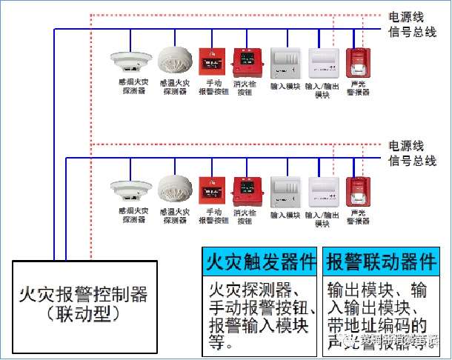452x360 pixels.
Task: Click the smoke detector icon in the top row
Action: tap(130, 60)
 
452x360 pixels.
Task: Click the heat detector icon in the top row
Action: tap(176, 61)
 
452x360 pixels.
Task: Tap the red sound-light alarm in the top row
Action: tap(359, 61)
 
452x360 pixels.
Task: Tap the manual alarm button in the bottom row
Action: tap(211, 190)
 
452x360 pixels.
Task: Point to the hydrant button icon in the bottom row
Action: tap(245, 190)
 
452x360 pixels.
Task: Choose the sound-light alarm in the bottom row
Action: tap(359, 190)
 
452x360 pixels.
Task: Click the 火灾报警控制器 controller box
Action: tap(83, 304)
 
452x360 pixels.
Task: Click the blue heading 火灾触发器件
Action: tap(261, 261)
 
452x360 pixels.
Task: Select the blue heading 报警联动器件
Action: tap(382, 261)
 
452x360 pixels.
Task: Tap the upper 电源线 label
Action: tap(407, 16)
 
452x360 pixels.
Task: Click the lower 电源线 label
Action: tap(407, 144)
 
